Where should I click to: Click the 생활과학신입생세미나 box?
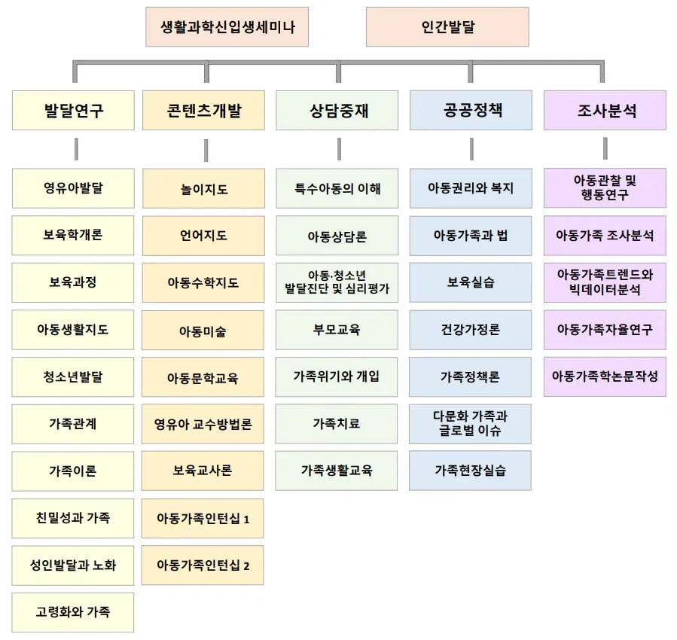pos(227,27)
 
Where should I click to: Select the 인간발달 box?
pos(447,27)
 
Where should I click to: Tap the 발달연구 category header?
pos(73,111)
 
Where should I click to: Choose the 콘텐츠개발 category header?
pos(204,111)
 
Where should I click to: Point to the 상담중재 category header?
pos(337,111)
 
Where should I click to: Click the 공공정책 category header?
pos(471,111)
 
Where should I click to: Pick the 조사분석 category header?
pos(605,111)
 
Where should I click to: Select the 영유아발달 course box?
pos(73,188)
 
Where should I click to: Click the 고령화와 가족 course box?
pos(73,612)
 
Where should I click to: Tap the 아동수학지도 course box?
pos(203,283)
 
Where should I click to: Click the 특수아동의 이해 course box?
pos(337,188)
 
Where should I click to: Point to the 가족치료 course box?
pos(337,424)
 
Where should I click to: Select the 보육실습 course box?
pos(471,283)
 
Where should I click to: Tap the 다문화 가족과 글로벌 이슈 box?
pos(471,424)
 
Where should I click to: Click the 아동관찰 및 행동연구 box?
pos(605,188)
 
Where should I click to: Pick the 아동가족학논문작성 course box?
pos(605,376)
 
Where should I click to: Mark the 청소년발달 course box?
pos(73,376)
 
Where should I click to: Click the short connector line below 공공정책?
pos(471,149)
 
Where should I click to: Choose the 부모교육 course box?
pos(337,330)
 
